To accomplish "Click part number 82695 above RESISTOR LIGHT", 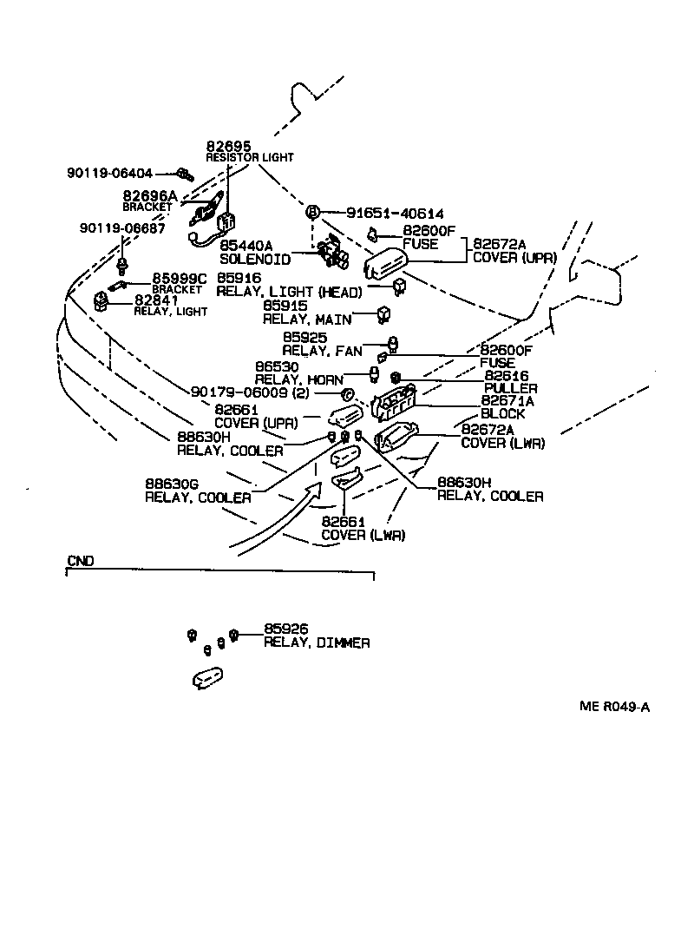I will [224, 146].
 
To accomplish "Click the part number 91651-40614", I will [395, 213].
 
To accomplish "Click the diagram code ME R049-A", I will [614, 706].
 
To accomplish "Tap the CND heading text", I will [80, 561].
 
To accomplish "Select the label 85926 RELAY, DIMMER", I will [317, 636].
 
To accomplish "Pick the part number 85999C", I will [180, 278].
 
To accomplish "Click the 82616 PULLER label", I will [510, 382].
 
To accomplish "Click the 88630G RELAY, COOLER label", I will [198, 491].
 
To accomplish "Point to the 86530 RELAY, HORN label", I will [298, 374].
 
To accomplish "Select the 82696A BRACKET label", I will [149, 201].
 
